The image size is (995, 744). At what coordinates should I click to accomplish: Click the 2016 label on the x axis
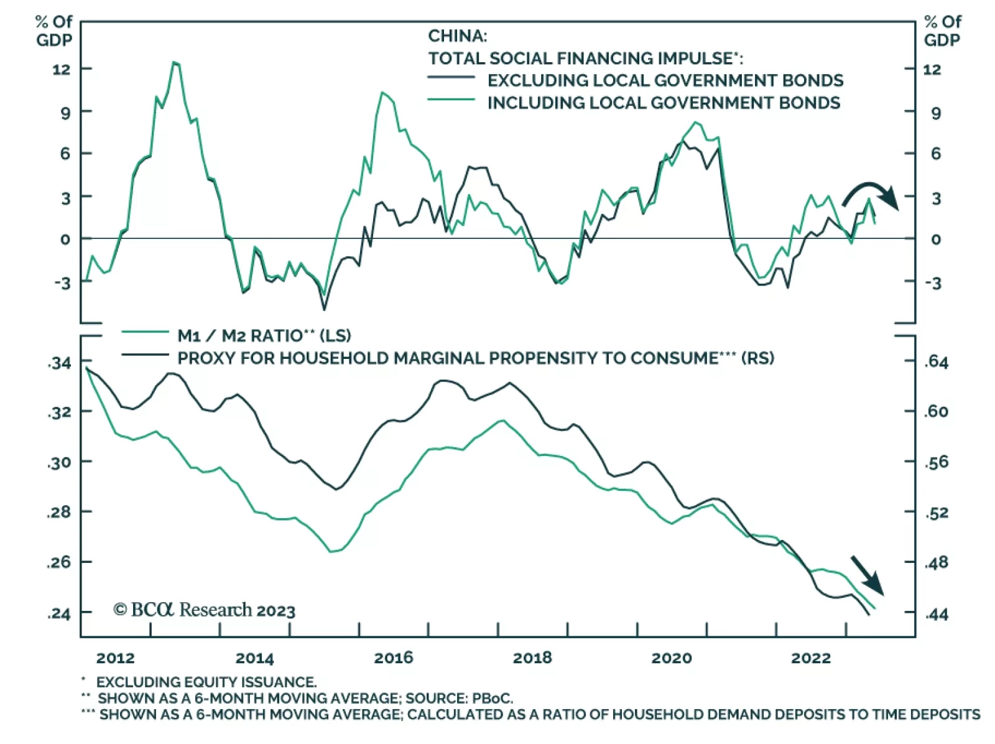tap(393, 658)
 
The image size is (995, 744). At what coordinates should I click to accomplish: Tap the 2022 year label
tap(810, 658)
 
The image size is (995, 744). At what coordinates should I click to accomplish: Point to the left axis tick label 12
tap(62, 69)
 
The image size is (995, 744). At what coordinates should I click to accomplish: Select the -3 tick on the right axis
tap(932, 283)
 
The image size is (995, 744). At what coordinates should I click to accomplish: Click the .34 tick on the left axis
tap(60, 363)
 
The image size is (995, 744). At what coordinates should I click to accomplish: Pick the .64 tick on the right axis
tap(936, 362)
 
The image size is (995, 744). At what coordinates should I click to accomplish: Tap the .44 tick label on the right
tap(936, 615)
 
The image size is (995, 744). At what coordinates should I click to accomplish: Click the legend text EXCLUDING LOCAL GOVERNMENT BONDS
tap(665, 80)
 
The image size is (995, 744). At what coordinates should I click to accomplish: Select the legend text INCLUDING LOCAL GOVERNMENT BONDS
tap(663, 103)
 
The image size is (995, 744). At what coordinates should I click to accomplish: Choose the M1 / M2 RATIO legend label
tap(264, 336)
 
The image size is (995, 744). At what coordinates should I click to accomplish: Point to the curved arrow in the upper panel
tap(871, 193)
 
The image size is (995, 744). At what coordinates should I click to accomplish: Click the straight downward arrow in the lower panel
tap(867, 574)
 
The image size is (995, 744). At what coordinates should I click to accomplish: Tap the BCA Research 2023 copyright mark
tap(204, 610)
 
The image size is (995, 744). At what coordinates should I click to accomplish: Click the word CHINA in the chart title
tap(457, 35)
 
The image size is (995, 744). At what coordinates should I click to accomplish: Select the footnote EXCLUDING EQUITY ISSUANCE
tap(206, 682)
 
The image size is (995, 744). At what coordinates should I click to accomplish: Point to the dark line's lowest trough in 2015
tap(324, 309)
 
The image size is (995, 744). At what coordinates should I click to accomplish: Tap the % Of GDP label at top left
tap(53, 30)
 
